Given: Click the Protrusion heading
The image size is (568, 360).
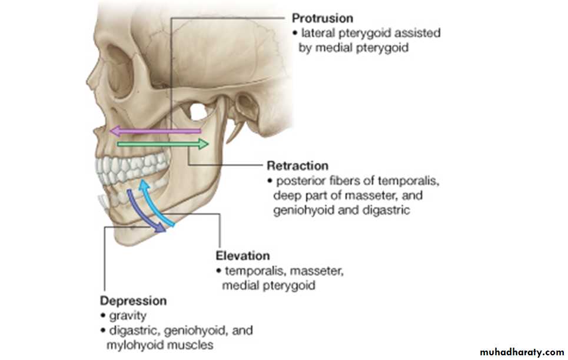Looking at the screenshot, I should click(323, 19).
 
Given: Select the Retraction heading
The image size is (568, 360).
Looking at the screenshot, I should click(297, 165).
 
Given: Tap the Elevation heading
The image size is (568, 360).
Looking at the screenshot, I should click(243, 256).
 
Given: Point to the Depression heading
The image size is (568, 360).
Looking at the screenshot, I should click(133, 301).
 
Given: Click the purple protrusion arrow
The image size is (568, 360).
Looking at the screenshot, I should click(156, 131).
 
